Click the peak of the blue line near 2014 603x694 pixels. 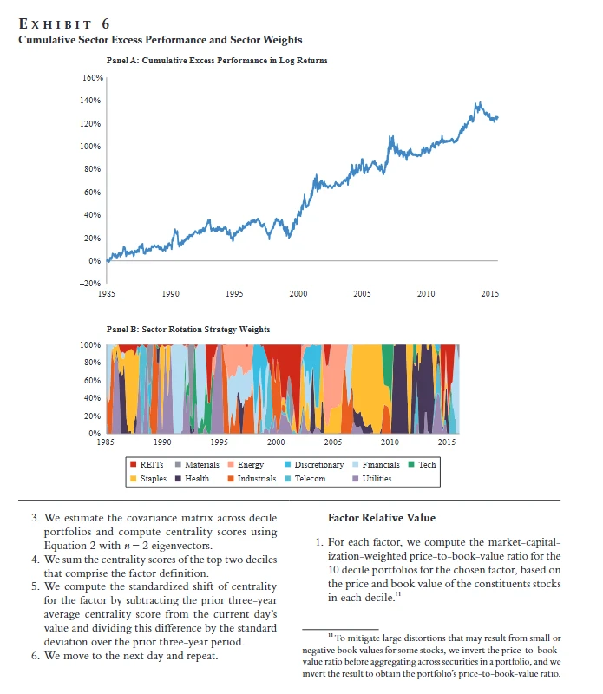(477, 103)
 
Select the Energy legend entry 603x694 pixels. (246, 465)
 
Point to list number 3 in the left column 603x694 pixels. (35, 519)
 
